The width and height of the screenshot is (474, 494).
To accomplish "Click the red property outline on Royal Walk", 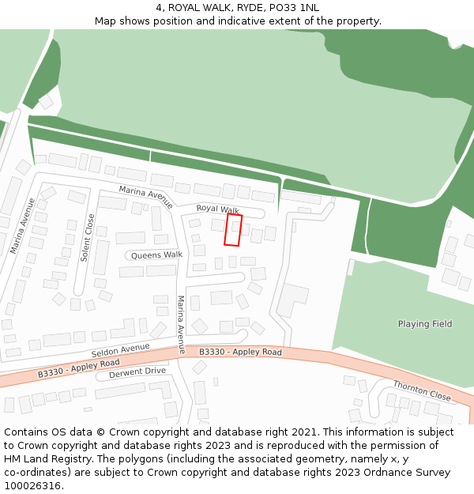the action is pyautogui.click(x=234, y=229).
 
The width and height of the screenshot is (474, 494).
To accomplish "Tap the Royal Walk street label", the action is pyautogui.click(x=218, y=209).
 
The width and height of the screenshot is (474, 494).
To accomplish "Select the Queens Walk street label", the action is pyautogui.click(x=156, y=255).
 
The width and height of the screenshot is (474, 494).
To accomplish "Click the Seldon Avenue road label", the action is pyautogui.click(x=120, y=349).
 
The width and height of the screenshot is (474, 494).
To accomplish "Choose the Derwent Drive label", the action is pyautogui.click(x=137, y=371).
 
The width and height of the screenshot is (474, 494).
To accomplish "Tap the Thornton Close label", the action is pyautogui.click(x=422, y=390).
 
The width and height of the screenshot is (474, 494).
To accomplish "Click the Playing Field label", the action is pyautogui.click(x=425, y=324).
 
